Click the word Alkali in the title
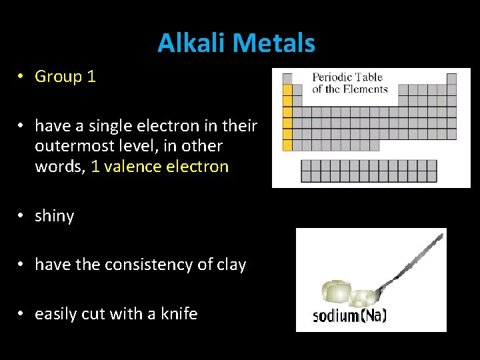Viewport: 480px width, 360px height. tap(187, 43)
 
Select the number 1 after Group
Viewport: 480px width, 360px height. tap(91, 77)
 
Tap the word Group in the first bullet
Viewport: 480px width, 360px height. tap(58, 77)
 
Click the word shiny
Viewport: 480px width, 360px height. tap(54, 216)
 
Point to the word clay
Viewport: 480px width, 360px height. tap(231, 265)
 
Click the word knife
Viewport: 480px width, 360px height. tap(179, 313)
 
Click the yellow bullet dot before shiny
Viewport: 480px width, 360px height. tap(22, 216)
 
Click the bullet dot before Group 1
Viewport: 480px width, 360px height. tap(22, 77)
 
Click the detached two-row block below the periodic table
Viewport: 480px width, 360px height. tap(369, 171)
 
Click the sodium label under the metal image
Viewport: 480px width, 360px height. tap(335, 315)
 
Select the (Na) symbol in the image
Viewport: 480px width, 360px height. tap(373, 315)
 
